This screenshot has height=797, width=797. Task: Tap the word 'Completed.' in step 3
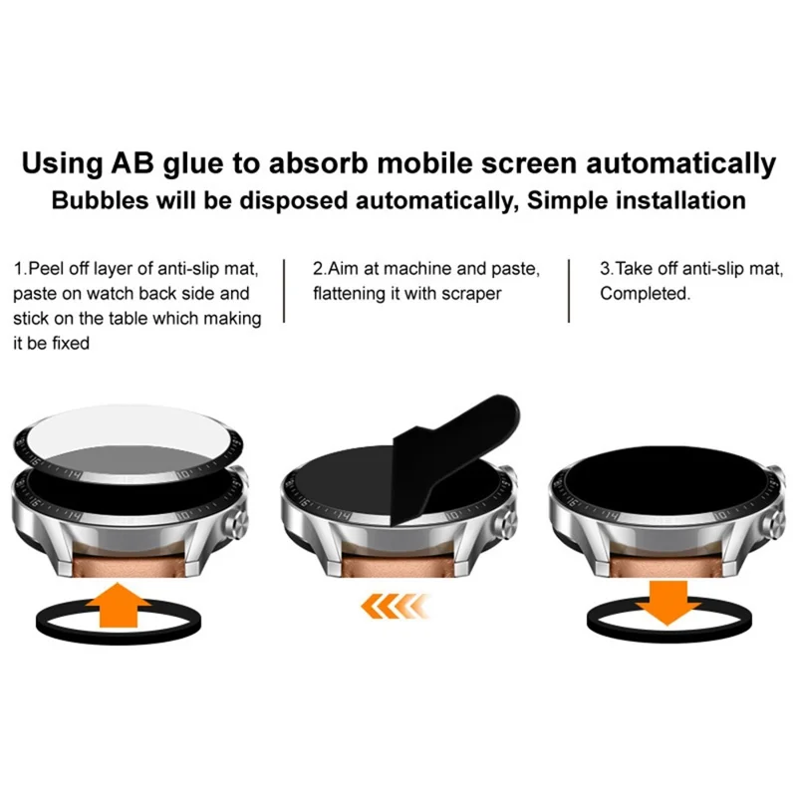(645, 293)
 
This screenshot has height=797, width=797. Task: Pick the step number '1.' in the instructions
(19, 269)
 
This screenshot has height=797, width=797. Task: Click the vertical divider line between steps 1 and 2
(285, 291)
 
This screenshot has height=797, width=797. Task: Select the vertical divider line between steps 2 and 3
(570, 291)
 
